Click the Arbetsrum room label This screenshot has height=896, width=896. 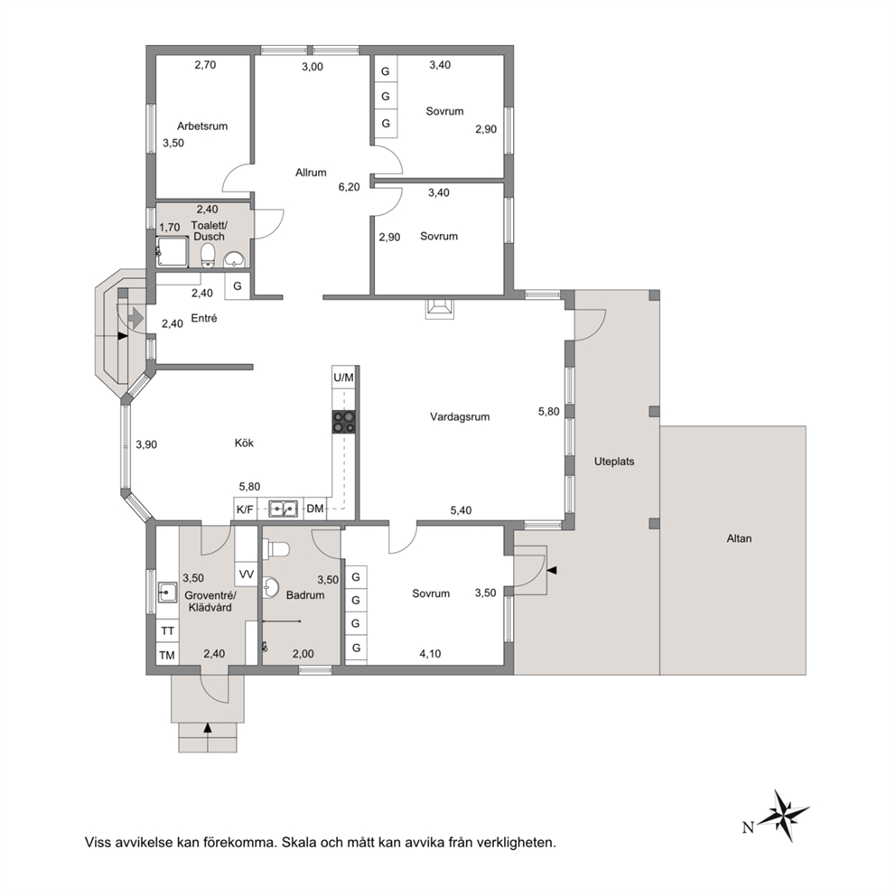click(x=202, y=126)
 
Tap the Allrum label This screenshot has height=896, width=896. click(x=311, y=172)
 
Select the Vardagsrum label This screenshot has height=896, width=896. click(x=460, y=416)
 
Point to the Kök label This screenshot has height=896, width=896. click(x=244, y=443)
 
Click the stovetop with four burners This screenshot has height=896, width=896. click(x=344, y=423)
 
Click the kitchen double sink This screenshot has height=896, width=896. click(x=284, y=508)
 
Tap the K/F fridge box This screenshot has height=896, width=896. click(x=245, y=509)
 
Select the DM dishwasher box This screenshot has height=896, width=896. click(x=315, y=509)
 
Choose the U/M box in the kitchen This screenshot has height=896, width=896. click(x=343, y=378)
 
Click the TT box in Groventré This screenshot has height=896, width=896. click(x=167, y=630)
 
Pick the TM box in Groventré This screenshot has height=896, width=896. click(x=167, y=655)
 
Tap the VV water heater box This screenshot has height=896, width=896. click(x=247, y=574)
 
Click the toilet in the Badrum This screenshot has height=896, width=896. click(x=276, y=549)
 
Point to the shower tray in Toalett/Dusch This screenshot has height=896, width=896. click(x=173, y=253)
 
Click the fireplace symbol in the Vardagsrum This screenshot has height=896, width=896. click(x=440, y=309)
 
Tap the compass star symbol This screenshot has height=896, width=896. click(x=787, y=816)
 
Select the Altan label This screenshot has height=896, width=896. click(x=739, y=538)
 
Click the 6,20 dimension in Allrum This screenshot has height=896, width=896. click(x=350, y=187)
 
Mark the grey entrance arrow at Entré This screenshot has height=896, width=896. click(x=136, y=317)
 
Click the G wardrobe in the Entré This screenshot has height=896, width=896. click(x=238, y=285)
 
